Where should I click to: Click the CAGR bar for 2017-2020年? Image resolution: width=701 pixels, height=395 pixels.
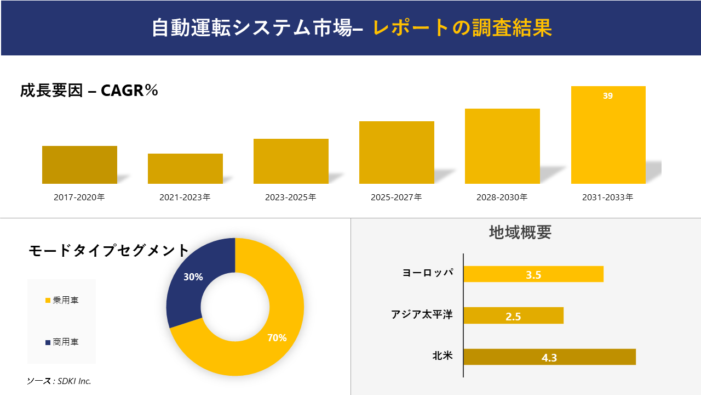point(79,165)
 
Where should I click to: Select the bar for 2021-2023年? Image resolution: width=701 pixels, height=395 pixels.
point(185,168)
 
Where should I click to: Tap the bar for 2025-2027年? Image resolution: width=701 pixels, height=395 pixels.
point(397,153)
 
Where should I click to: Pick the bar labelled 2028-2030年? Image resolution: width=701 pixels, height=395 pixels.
point(502,146)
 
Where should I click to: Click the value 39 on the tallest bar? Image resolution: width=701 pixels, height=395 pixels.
point(608,96)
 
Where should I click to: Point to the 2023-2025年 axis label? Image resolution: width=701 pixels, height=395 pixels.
point(291,197)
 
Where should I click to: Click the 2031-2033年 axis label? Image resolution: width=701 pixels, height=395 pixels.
point(608,197)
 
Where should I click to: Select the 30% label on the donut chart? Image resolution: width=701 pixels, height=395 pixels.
point(193,277)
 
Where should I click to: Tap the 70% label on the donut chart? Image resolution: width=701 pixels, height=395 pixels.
point(277,338)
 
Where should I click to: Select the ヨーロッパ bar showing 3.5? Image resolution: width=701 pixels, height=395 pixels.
point(533,274)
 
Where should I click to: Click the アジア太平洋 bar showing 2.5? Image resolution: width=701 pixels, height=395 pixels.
point(513,315)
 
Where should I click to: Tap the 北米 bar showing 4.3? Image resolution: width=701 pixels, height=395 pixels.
point(549,357)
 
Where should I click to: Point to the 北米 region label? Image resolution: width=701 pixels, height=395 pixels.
point(443,356)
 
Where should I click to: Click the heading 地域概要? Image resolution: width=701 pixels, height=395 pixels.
point(520,232)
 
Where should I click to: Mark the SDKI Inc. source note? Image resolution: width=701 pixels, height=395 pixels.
point(59,381)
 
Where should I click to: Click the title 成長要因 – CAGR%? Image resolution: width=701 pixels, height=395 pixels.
point(89,91)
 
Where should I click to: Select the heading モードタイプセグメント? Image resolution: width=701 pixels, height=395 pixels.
point(108,251)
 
